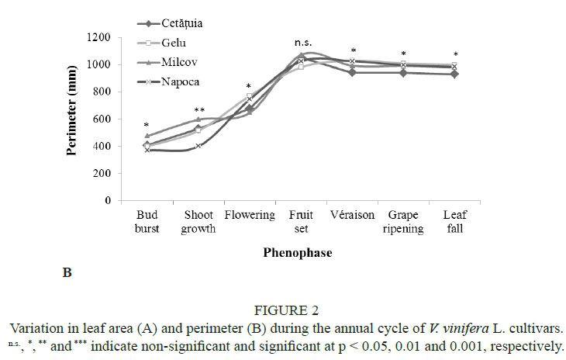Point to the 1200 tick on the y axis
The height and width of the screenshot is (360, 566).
click(97, 38)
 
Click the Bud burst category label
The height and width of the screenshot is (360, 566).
click(147, 221)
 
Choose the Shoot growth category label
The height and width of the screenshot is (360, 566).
click(198, 221)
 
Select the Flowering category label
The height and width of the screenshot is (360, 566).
click(249, 215)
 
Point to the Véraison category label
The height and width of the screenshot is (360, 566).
click(353, 215)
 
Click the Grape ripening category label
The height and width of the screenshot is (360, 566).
click(404, 221)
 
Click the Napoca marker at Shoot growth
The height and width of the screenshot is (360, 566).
click(198, 146)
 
